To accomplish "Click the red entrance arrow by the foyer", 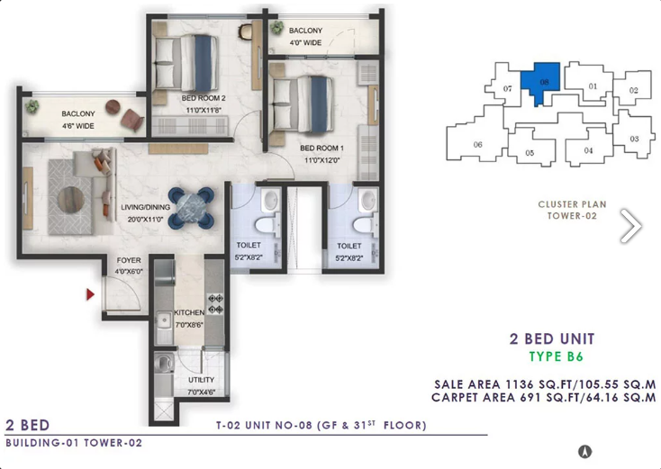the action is pos(90,294).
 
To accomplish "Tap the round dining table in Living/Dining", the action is pos(191,208).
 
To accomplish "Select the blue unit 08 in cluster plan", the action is pos(541,81).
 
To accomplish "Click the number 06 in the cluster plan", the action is pos(477,145).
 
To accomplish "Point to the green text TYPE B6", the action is pos(556,356).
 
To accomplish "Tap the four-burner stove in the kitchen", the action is pos(215,304).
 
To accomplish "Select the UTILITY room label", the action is pos(201,380).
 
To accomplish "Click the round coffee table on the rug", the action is pos(71,199).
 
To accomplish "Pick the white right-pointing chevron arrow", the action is pos(630,226).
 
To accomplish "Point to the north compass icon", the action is pos(584,451).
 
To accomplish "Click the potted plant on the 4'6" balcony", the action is pos(32,106).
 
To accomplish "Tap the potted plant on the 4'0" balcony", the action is pos(277,27).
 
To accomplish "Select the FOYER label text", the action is pos(129,260).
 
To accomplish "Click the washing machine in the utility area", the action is pos(162,363).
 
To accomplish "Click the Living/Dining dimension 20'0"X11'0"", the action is pos(145,219).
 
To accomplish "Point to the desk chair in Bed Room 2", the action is pos(246,32).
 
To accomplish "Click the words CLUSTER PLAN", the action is pos(572,204).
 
